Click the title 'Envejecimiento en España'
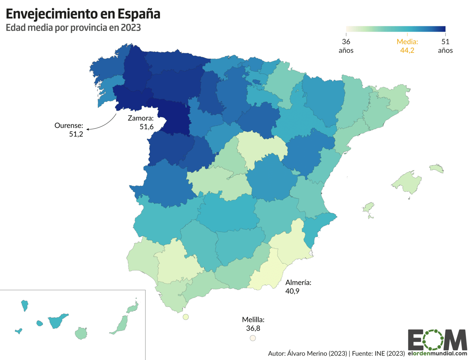click(x=83, y=14)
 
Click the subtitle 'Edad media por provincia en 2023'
click(x=73, y=28)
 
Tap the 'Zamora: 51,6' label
click(x=141, y=123)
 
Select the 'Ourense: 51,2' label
click(x=69, y=130)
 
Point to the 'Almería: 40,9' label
click(x=298, y=287)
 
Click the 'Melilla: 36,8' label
click(x=253, y=324)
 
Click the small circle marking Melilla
click(x=253, y=338)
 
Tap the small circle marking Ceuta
click(x=186, y=317)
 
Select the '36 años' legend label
click(x=346, y=46)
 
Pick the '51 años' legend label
click(x=445, y=46)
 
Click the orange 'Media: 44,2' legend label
click(x=407, y=46)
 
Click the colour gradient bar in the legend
click(x=396, y=29)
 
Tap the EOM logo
click(x=437, y=340)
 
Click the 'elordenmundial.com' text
click(x=437, y=353)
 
